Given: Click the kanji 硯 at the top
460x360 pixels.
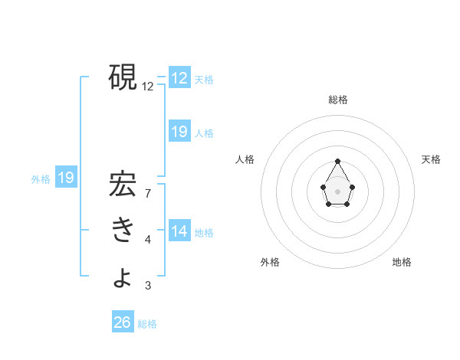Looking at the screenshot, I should [123, 77].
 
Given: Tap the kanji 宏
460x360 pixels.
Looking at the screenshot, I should [123, 185].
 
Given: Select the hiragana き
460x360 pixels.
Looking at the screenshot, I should [123, 231].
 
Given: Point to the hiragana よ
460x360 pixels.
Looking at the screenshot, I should [123, 277].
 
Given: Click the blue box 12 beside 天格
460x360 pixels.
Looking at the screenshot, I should [179, 78].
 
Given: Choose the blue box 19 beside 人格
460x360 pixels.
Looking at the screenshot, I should [179, 132].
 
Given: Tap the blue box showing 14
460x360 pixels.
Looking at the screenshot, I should [179, 231].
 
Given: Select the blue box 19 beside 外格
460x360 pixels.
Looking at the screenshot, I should [66, 178].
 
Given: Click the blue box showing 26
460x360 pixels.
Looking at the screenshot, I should [123, 322].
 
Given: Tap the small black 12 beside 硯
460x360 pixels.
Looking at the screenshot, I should [148, 87].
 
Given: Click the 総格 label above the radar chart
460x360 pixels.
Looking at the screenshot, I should [338, 100].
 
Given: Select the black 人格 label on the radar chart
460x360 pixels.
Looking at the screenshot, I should [245, 159].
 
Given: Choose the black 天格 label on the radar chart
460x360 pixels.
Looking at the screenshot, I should [431, 159].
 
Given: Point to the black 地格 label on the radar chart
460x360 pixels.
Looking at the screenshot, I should [402, 262].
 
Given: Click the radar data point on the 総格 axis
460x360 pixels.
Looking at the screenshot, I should [338, 161].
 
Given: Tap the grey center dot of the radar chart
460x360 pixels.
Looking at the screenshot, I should [338, 191].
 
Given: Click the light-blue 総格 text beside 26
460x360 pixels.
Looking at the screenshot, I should [147, 324].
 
